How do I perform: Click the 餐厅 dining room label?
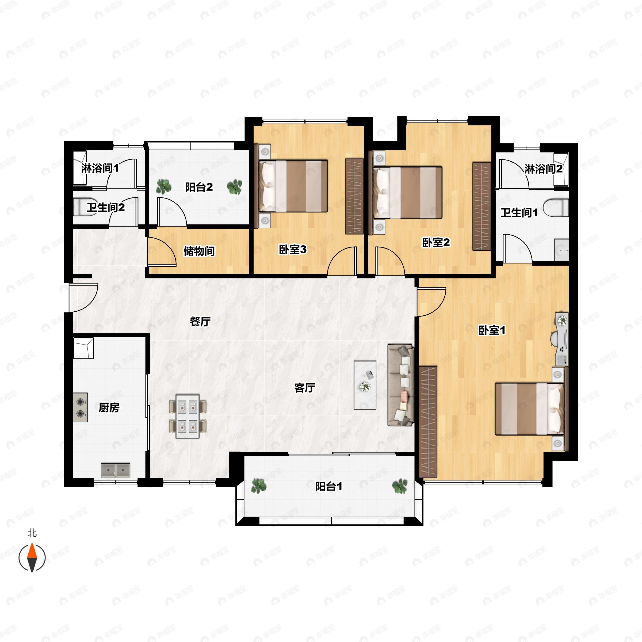(200, 321)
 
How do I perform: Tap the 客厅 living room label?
(304, 387)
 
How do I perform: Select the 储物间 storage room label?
(199, 251)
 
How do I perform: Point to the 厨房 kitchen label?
(109, 407)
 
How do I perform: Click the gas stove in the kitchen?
(81, 407)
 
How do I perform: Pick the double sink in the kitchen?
(115, 470)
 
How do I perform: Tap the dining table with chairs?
(188, 416)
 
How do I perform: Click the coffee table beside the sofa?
(365, 385)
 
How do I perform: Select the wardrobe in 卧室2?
(481, 206)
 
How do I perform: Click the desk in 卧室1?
(561, 339)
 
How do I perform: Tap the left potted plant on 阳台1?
(258, 486)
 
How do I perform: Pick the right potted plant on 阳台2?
(235, 187)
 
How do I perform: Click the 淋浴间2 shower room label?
(544, 169)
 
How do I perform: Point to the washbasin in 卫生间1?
(561, 249)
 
